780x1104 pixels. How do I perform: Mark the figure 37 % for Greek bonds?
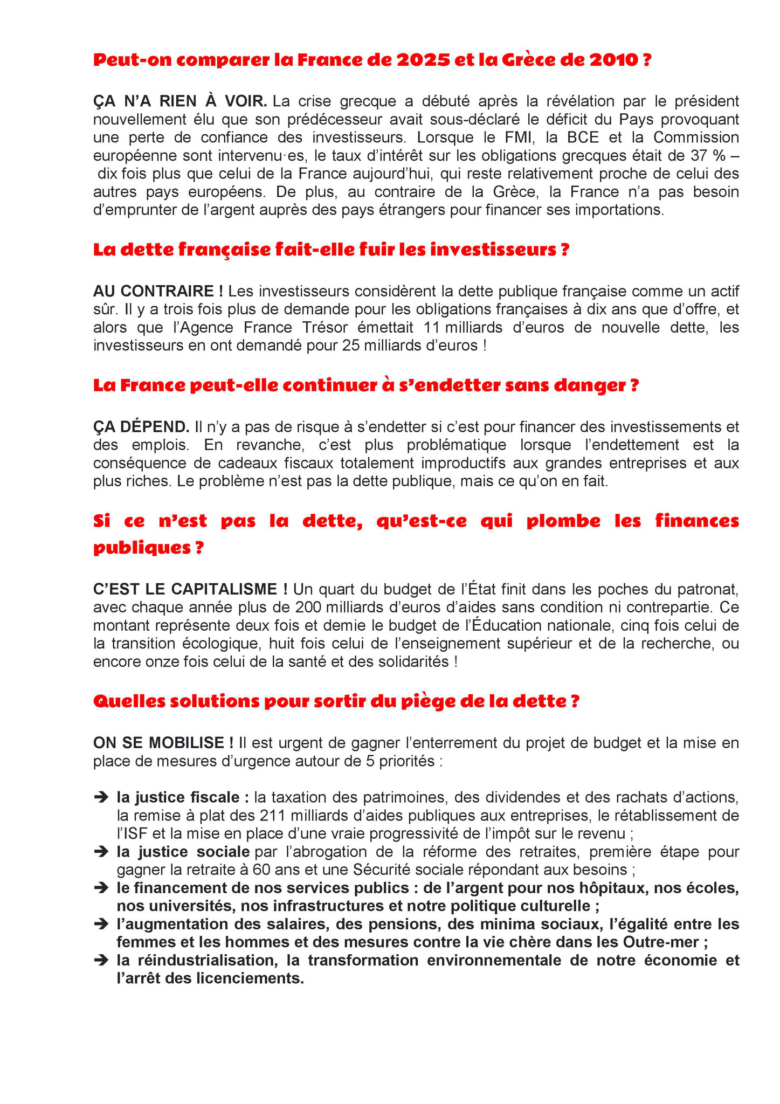[707, 156]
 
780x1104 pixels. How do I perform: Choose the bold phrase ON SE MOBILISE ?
[163, 743]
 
